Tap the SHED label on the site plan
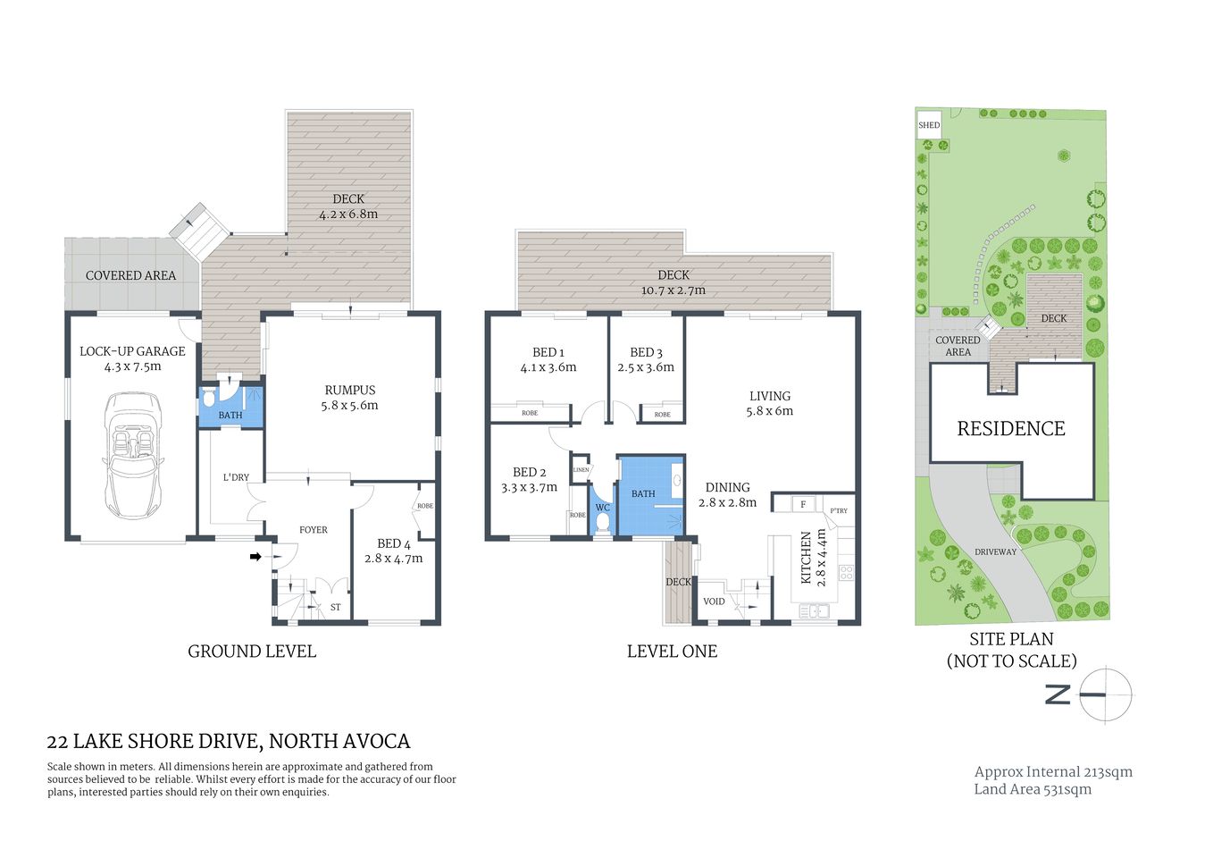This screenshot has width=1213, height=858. point(929,125)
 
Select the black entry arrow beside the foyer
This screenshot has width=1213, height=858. point(255,557)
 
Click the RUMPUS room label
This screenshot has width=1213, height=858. point(349,390)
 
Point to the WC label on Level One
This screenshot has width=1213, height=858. point(602,508)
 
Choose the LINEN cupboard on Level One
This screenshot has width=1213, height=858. point(581,469)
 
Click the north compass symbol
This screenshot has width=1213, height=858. point(1104,694)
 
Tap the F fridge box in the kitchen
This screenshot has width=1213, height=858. point(803,505)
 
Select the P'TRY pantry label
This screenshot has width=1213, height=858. point(839,511)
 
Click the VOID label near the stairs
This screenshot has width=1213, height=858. point(714,601)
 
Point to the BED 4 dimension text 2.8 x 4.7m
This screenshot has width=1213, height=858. point(393,559)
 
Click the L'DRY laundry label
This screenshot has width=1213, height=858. point(236,477)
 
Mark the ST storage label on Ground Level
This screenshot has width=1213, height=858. point(336,608)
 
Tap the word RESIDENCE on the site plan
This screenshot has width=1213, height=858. point(1010,429)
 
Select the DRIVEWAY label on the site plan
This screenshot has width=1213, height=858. point(995,552)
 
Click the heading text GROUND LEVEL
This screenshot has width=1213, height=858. point(252,652)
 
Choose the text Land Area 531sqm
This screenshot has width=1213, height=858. point(1032,789)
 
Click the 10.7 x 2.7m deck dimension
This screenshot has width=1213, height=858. point(673,290)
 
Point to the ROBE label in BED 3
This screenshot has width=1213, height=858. point(662,415)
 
